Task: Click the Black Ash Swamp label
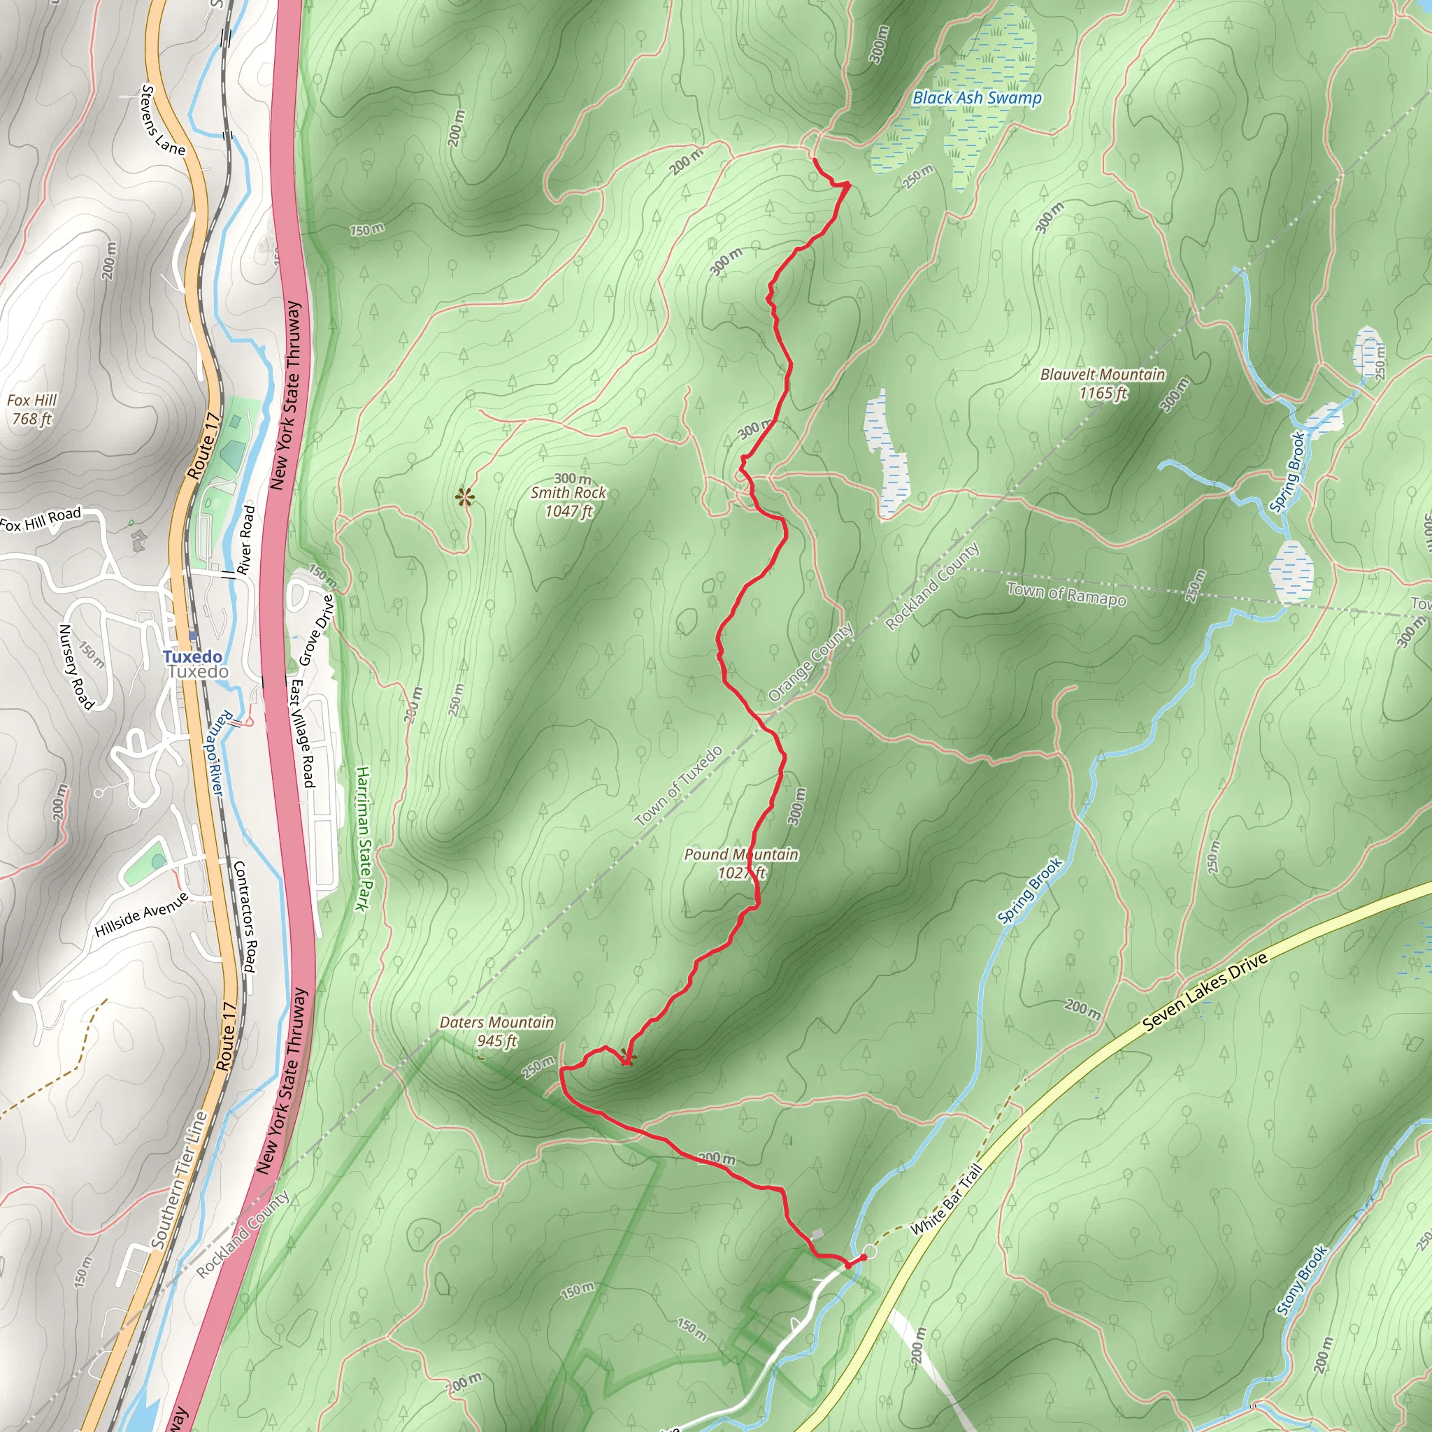pyautogui.click(x=977, y=98)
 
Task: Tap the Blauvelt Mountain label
pyautogui.click(x=1103, y=383)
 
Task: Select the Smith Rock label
pyautogui.click(x=568, y=493)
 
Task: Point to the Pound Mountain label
pyautogui.click(x=740, y=864)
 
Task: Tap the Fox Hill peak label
pyautogui.click(x=32, y=409)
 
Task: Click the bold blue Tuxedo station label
pyautogui.click(x=192, y=657)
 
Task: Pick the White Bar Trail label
pyautogui.click(x=947, y=1199)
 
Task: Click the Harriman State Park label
pyautogui.click(x=362, y=838)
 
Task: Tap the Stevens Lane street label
pyautogui.click(x=162, y=121)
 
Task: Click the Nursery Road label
pyautogui.click(x=76, y=666)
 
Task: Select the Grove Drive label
pyautogui.click(x=317, y=631)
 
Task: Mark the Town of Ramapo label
pyautogui.click(x=1066, y=594)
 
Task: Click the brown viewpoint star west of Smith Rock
pyautogui.click(x=465, y=496)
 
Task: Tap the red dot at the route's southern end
pyautogui.click(x=863, y=1257)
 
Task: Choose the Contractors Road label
pyautogui.click(x=245, y=916)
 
